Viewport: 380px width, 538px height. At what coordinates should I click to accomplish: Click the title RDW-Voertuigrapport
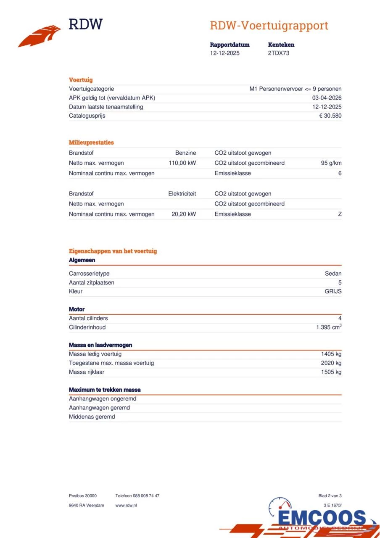pyautogui.click(x=269, y=26)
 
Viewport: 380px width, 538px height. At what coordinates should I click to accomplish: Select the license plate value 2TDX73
pyautogui.click(x=279, y=53)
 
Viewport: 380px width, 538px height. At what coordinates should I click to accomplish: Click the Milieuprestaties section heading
pyautogui.click(x=91, y=142)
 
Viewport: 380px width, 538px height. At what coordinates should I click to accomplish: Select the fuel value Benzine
pyautogui.click(x=185, y=153)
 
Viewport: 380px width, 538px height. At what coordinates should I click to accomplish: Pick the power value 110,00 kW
pyautogui.click(x=182, y=163)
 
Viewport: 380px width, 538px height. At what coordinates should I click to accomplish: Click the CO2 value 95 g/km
pyautogui.click(x=331, y=163)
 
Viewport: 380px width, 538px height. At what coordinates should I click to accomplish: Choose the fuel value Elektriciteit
pyautogui.click(x=182, y=194)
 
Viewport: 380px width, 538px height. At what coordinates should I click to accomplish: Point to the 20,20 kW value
pyautogui.click(x=184, y=214)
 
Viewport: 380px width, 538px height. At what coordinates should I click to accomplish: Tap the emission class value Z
pyautogui.click(x=340, y=214)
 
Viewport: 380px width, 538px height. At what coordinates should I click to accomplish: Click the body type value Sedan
pyautogui.click(x=333, y=274)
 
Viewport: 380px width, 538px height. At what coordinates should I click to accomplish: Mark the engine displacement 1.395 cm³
pyautogui.click(x=329, y=327)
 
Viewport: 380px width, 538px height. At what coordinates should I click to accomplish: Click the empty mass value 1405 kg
pyautogui.click(x=331, y=354)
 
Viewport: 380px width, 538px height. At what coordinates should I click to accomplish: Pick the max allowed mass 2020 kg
pyautogui.click(x=331, y=363)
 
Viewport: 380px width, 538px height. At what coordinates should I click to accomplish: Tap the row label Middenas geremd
pyautogui.click(x=92, y=417)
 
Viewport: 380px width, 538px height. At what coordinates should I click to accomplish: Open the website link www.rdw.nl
pyautogui.click(x=126, y=505)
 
